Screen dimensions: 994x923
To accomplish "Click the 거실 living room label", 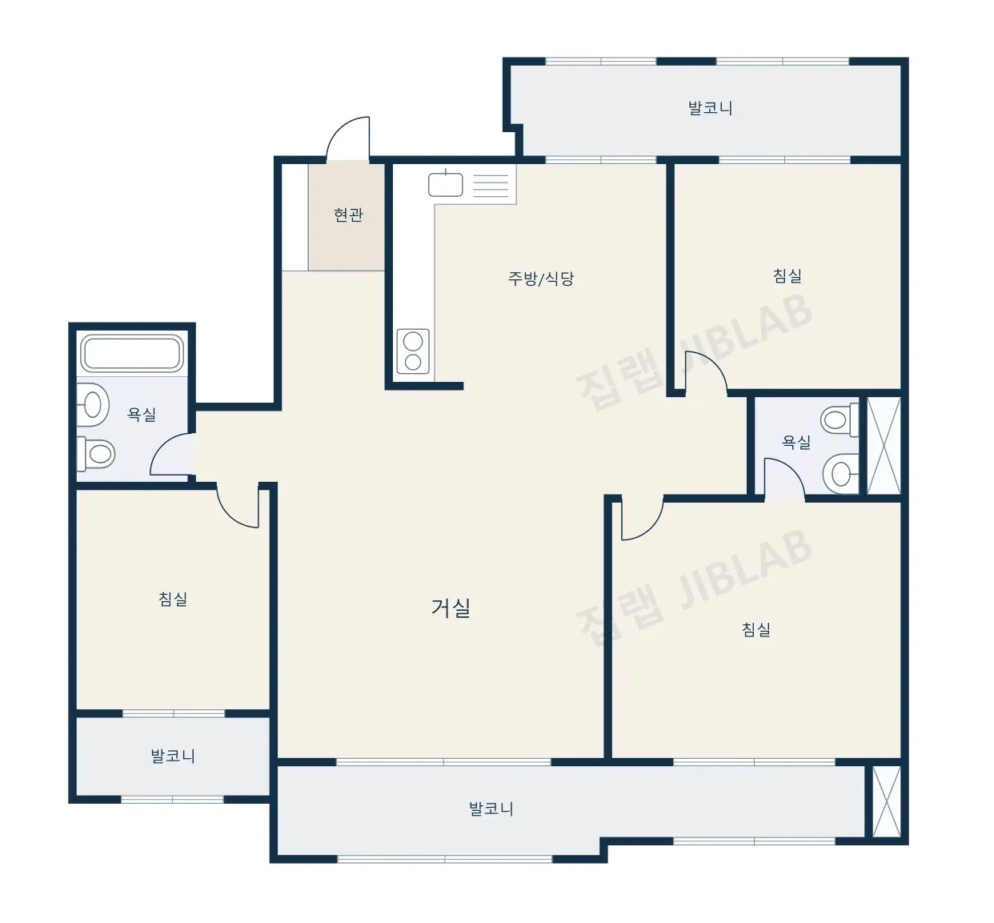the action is tap(451, 608).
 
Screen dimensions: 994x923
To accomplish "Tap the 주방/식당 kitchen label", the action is tap(540, 279).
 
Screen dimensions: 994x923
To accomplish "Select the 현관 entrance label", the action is tap(348, 215).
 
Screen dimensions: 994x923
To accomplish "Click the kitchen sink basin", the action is tap(446, 184).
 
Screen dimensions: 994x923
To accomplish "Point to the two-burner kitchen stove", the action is tap(413, 351).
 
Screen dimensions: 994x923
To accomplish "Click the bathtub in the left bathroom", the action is tap(132, 353).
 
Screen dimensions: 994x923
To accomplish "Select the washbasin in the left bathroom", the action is tap(93, 404).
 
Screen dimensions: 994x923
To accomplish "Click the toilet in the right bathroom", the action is tap(840, 419).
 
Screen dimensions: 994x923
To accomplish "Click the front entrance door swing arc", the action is tap(348, 138).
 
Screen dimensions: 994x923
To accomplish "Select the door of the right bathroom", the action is tap(784, 479).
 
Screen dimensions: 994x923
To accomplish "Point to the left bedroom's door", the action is tap(238, 506).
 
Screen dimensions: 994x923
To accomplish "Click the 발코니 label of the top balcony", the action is tap(710, 108).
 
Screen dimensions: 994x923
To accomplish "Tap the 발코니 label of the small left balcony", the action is tap(173, 756).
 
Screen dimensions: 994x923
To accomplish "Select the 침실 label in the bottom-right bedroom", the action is tap(756, 629).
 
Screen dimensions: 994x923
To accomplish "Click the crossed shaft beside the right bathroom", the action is tap(884, 445).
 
